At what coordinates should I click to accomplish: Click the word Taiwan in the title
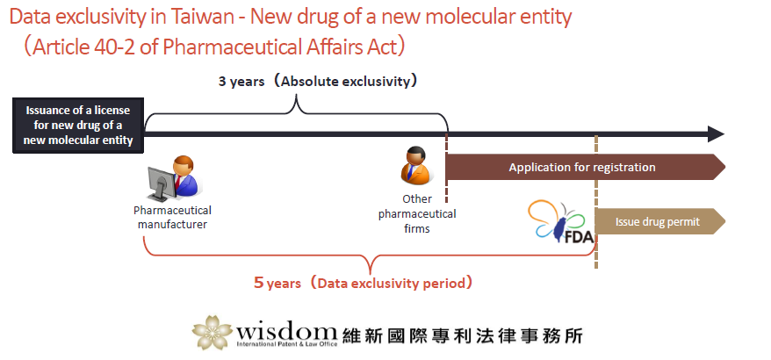pyautogui.click(x=202, y=18)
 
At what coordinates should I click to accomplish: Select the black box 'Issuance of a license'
pyautogui.click(x=78, y=125)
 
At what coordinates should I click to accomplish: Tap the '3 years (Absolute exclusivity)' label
pyautogui.click(x=319, y=81)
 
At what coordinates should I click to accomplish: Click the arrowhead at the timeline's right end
pyautogui.click(x=716, y=133)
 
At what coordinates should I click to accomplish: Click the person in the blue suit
pyautogui.click(x=185, y=176)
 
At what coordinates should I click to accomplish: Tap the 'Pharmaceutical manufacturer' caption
pyautogui.click(x=172, y=218)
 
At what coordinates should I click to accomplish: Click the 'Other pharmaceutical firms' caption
pyautogui.click(x=417, y=214)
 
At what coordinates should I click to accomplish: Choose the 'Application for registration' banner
pyautogui.click(x=585, y=167)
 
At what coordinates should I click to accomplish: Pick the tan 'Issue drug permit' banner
pyautogui.click(x=659, y=222)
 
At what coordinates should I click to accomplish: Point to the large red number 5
pyautogui.click(x=258, y=283)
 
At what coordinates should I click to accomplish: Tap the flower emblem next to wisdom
pyautogui.click(x=212, y=332)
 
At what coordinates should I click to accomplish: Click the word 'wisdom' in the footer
pyautogui.click(x=286, y=329)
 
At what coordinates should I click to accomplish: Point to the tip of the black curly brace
pyautogui.click(x=296, y=96)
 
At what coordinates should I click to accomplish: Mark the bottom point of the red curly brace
pyautogui.click(x=370, y=273)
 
